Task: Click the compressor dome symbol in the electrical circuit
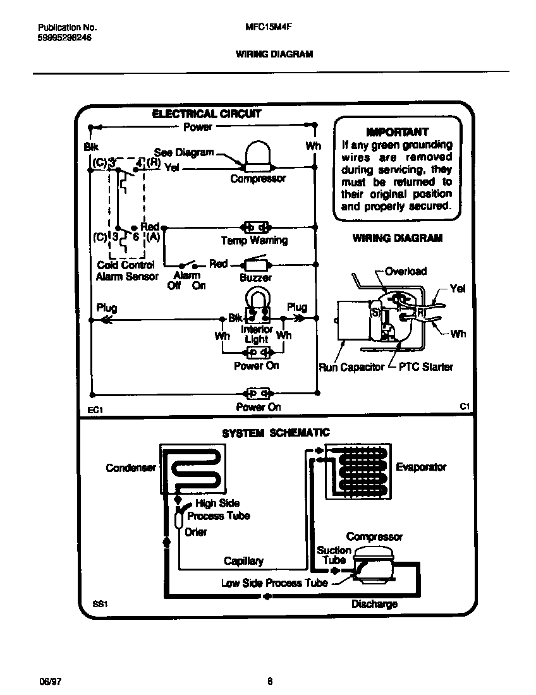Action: [x=257, y=155]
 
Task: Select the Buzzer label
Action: [x=255, y=277]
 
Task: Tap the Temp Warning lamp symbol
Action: [x=257, y=227]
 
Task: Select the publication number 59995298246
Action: [x=64, y=38]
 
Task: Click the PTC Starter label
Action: [x=425, y=367]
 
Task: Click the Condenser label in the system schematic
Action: [x=130, y=468]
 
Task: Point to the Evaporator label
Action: [x=421, y=467]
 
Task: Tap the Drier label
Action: [x=195, y=532]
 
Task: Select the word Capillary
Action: [x=243, y=561]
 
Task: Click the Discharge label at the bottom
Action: [x=374, y=604]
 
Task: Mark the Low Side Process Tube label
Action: [x=274, y=583]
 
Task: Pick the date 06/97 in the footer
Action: [x=50, y=681]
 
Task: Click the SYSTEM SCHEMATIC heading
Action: [x=276, y=433]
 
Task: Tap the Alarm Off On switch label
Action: [x=186, y=280]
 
